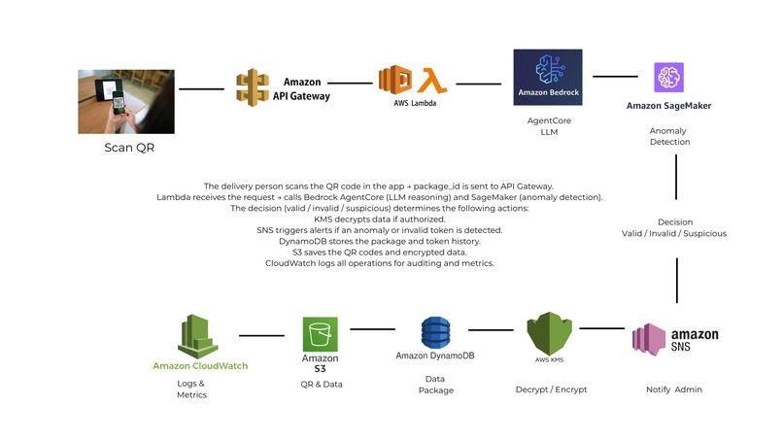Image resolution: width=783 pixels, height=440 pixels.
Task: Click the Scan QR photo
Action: [x=126, y=101]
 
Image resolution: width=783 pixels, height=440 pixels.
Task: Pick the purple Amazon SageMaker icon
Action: [x=669, y=77]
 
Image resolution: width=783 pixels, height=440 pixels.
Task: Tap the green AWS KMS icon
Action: [x=548, y=336]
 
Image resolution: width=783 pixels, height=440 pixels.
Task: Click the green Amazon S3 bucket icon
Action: [x=320, y=334]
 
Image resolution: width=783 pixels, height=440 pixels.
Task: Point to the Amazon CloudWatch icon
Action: [x=199, y=336]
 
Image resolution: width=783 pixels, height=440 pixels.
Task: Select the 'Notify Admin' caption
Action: [x=673, y=389]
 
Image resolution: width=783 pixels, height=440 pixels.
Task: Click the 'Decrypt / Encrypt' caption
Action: [x=551, y=389]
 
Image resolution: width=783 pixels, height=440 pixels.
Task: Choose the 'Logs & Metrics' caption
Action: [x=190, y=389]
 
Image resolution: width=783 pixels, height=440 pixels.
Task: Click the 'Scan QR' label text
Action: [x=129, y=149]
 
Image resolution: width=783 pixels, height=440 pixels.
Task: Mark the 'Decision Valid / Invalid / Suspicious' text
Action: [x=673, y=227]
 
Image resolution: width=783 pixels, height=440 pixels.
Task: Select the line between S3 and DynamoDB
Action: [x=373, y=329]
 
